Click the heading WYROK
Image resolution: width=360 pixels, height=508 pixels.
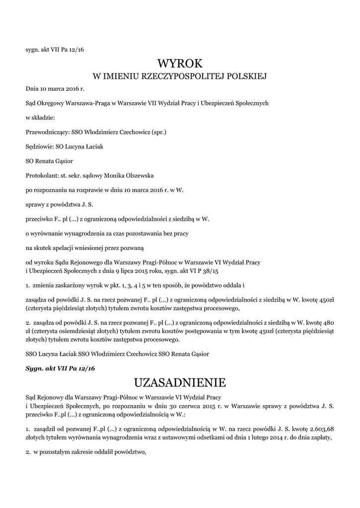pyautogui.click(x=180, y=64)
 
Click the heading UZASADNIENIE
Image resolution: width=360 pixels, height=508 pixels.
pyautogui.click(x=180, y=382)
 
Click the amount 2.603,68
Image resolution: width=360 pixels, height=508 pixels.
pyautogui.click(x=321, y=428)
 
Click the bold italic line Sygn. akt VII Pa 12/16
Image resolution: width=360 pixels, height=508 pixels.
pyautogui.click(x=60, y=369)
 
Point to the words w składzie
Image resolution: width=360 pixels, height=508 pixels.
pyautogui.click(x=40, y=118)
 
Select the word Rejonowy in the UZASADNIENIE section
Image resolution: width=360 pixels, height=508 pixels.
pyautogui.click(x=51, y=397)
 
